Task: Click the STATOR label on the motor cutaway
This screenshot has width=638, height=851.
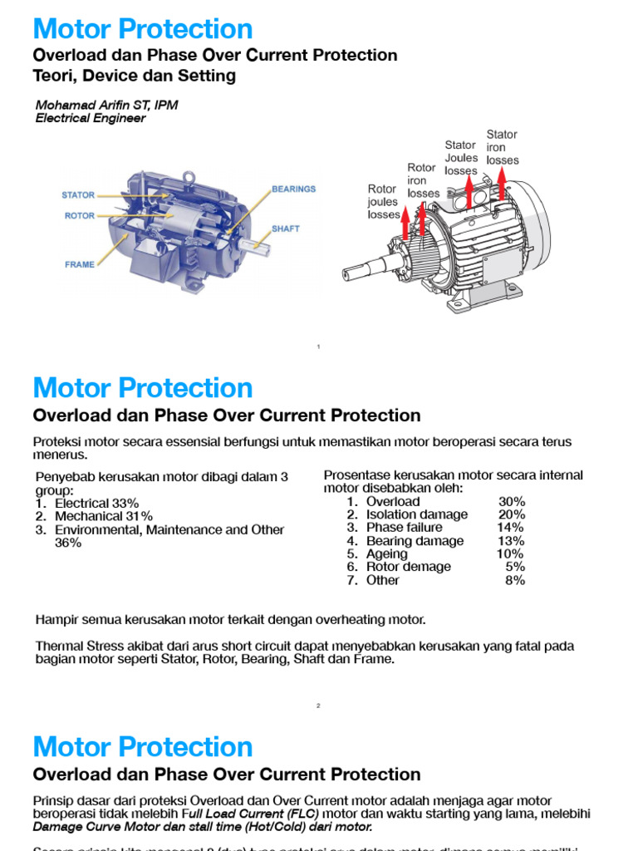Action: tap(78, 195)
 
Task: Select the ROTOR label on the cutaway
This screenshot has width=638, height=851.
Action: tap(80, 216)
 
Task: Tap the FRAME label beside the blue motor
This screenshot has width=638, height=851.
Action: tap(80, 265)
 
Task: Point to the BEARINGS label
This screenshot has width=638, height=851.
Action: tap(293, 189)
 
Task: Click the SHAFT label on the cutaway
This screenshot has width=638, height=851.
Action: tap(285, 229)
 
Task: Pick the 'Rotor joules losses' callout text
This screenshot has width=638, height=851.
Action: tap(383, 202)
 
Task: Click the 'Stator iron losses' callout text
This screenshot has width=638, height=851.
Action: tap(502, 147)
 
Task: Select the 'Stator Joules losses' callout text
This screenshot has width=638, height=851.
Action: tap(461, 158)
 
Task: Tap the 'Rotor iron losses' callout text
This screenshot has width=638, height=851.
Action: tap(423, 180)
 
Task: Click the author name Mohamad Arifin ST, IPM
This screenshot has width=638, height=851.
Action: tap(106, 106)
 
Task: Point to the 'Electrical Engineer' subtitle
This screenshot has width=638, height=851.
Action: tap(90, 119)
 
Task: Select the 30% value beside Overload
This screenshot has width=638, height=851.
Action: tap(512, 501)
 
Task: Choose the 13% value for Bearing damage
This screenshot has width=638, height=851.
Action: tap(511, 541)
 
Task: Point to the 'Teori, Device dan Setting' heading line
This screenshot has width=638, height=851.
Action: tap(134, 76)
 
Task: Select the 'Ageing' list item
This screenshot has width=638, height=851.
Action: tap(387, 553)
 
